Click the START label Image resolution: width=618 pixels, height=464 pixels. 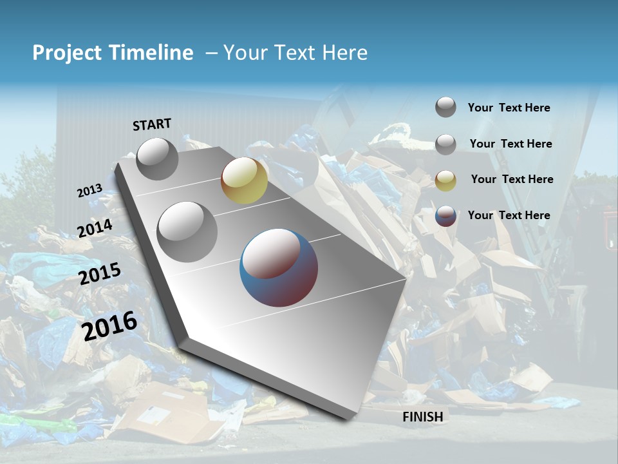[x=152, y=124]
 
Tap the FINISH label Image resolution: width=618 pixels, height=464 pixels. [x=423, y=417]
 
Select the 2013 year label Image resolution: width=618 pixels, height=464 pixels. [x=89, y=191]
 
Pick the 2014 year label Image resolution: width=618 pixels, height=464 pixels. [x=95, y=229]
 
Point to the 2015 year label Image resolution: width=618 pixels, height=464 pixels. [x=100, y=274]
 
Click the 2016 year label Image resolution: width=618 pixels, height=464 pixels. [x=109, y=325]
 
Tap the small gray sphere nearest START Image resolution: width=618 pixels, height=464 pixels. [x=157, y=159]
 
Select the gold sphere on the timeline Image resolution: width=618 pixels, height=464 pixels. [x=244, y=180]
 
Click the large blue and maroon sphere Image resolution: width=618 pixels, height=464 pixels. [x=279, y=267]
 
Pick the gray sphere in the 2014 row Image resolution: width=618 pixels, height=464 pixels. [x=187, y=231]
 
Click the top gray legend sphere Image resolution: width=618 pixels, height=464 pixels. [x=445, y=107]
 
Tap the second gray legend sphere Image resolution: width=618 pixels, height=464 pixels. [x=445, y=144]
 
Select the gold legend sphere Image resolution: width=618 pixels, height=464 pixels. [x=445, y=180]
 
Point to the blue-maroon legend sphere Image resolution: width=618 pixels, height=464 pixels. [x=445, y=216]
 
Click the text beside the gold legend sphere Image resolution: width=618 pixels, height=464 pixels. [x=512, y=179]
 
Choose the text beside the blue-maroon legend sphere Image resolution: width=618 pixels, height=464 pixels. [x=509, y=215]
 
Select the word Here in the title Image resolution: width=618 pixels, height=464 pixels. [x=344, y=53]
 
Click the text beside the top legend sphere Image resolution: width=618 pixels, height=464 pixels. [x=509, y=108]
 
